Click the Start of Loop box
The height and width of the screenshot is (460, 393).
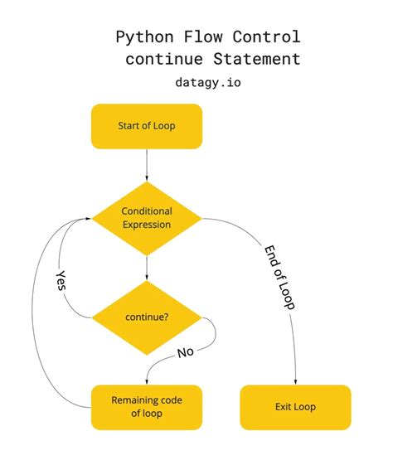click(x=146, y=126)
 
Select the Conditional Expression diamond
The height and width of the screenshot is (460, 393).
click(x=146, y=219)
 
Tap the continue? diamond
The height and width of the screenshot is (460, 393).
click(x=146, y=317)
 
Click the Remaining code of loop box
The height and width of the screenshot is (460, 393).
click(x=146, y=407)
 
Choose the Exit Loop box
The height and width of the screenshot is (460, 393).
click(x=295, y=407)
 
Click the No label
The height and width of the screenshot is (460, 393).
click(x=186, y=351)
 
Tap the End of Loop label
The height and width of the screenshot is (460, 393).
click(x=280, y=277)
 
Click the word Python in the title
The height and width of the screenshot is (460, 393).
click(x=142, y=37)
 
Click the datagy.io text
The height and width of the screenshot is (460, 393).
click(x=208, y=82)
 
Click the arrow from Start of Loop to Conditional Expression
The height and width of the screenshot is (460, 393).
click(x=146, y=166)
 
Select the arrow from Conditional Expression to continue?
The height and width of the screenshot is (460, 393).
click(x=146, y=269)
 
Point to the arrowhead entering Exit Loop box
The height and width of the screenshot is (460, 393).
click(x=295, y=380)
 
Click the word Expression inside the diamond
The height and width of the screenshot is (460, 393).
click(x=146, y=225)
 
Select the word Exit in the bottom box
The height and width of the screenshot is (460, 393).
click(x=284, y=407)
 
